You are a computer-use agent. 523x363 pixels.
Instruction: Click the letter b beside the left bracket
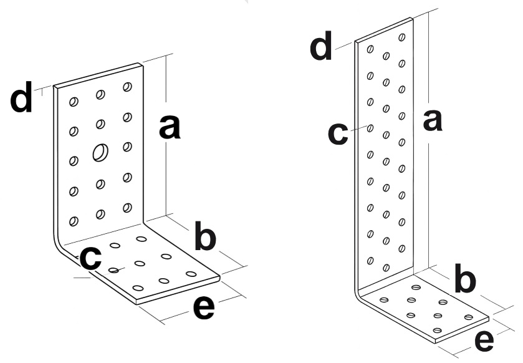click(206, 237)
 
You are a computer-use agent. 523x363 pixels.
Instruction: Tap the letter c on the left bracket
click(91, 258)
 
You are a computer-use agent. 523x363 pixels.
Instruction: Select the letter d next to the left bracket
click(22, 100)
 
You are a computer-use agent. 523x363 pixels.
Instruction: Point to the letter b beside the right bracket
click(464, 280)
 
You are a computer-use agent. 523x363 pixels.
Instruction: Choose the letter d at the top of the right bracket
click(322, 47)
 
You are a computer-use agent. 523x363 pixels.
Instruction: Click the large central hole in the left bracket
click(100, 152)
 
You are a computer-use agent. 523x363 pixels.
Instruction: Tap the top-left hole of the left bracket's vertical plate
click(74, 101)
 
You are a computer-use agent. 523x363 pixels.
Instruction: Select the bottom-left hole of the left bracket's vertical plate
click(74, 221)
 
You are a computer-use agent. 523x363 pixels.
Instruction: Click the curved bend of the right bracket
click(360, 296)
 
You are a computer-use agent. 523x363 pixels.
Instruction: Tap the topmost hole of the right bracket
click(401, 37)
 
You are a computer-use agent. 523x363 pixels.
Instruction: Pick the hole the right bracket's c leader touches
click(370, 128)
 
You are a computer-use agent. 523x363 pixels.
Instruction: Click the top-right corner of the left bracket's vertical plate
click(142, 64)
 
